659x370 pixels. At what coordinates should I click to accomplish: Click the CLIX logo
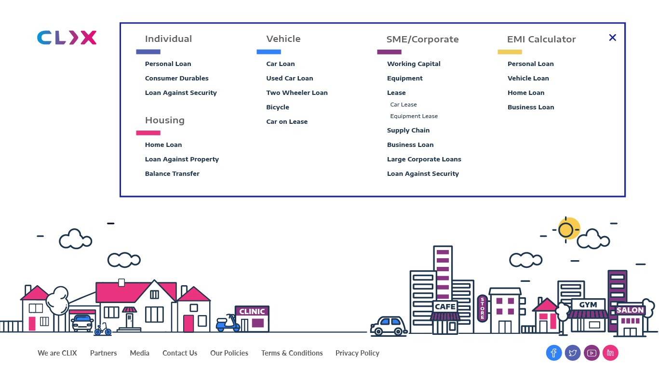click(x=67, y=38)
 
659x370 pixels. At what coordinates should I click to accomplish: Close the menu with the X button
click(x=612, y=38)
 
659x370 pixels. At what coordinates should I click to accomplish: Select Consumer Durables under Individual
click(x=176, y=78)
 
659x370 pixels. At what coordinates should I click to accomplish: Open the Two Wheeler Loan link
click(x=296, y=92)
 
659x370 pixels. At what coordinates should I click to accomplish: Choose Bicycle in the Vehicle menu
click(x=278, y=107)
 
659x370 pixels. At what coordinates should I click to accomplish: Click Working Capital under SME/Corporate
click(x=414, y=64)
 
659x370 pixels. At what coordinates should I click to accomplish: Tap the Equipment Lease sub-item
click(x=414, y=116)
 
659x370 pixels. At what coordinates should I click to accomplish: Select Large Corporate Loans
click(x=424, y=159)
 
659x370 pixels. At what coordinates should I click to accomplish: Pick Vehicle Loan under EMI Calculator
click(x=528, y=78)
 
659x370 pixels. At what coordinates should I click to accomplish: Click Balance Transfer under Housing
click(x=172, y=173)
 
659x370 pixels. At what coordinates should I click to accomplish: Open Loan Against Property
click(x=182, y=159)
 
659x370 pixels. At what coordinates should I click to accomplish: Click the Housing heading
click(x=164, y=120)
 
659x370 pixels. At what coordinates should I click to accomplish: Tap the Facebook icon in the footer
click(x=554, y=353)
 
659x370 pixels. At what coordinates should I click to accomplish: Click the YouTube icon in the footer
click(x=592, y=353)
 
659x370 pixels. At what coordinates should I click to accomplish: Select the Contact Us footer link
click(x=180, y=353)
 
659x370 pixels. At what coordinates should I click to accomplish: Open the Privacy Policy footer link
click(x=357, y=353)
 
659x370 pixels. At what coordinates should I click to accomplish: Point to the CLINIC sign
click(x=252, y=312)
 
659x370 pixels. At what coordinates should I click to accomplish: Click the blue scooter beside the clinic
click(x=228, y=323)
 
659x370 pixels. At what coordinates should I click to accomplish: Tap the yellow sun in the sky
click(x=567, y=229)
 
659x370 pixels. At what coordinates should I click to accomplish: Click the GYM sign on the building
click(x=588, y=305)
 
